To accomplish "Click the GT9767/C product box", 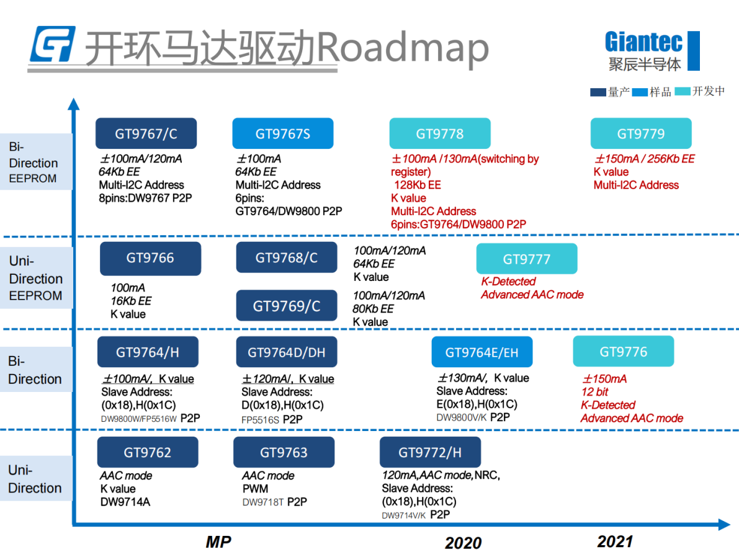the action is pyautogui.click(x=146, y=133).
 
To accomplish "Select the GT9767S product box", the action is pyautogui.click(x=283, y=133).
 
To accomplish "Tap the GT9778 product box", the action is pyautogui.click(x=440, y=133).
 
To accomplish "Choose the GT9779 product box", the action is pyautogui.click(x=641, y=133).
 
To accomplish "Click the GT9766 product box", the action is pyautogui.click(x=150, y=258).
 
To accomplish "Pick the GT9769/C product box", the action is pyautogui.click(x=287, y=306).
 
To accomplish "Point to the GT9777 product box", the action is pyautogui.click(x=526, y=259).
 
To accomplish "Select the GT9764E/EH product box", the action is pyautogui.click(x=481, y=352).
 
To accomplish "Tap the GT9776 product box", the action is pyautogui.click(x=623, y=352).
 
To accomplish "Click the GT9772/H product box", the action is pyautogui.click(x=430, y=452).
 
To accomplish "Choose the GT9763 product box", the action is pyautogui.click(x=284, y=452).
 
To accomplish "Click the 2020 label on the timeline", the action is pyautogui.click(x=464, y=543).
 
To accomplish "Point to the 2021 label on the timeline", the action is pyautogui.click(x=614, y=541).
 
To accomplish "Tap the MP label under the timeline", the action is pyautogui.click(x=218, y=542).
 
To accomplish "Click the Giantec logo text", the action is pyautogui.click(x=643, y=42).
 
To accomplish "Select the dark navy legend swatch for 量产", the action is pyautogui.click(x=598, y=92).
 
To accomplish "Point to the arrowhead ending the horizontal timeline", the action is pyautogui.click(x=724, y=524).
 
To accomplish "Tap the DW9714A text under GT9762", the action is pyautogui.click(x=125, y=502).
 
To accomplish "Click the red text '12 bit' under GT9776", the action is pyautogui.click(x=594, y=392).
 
